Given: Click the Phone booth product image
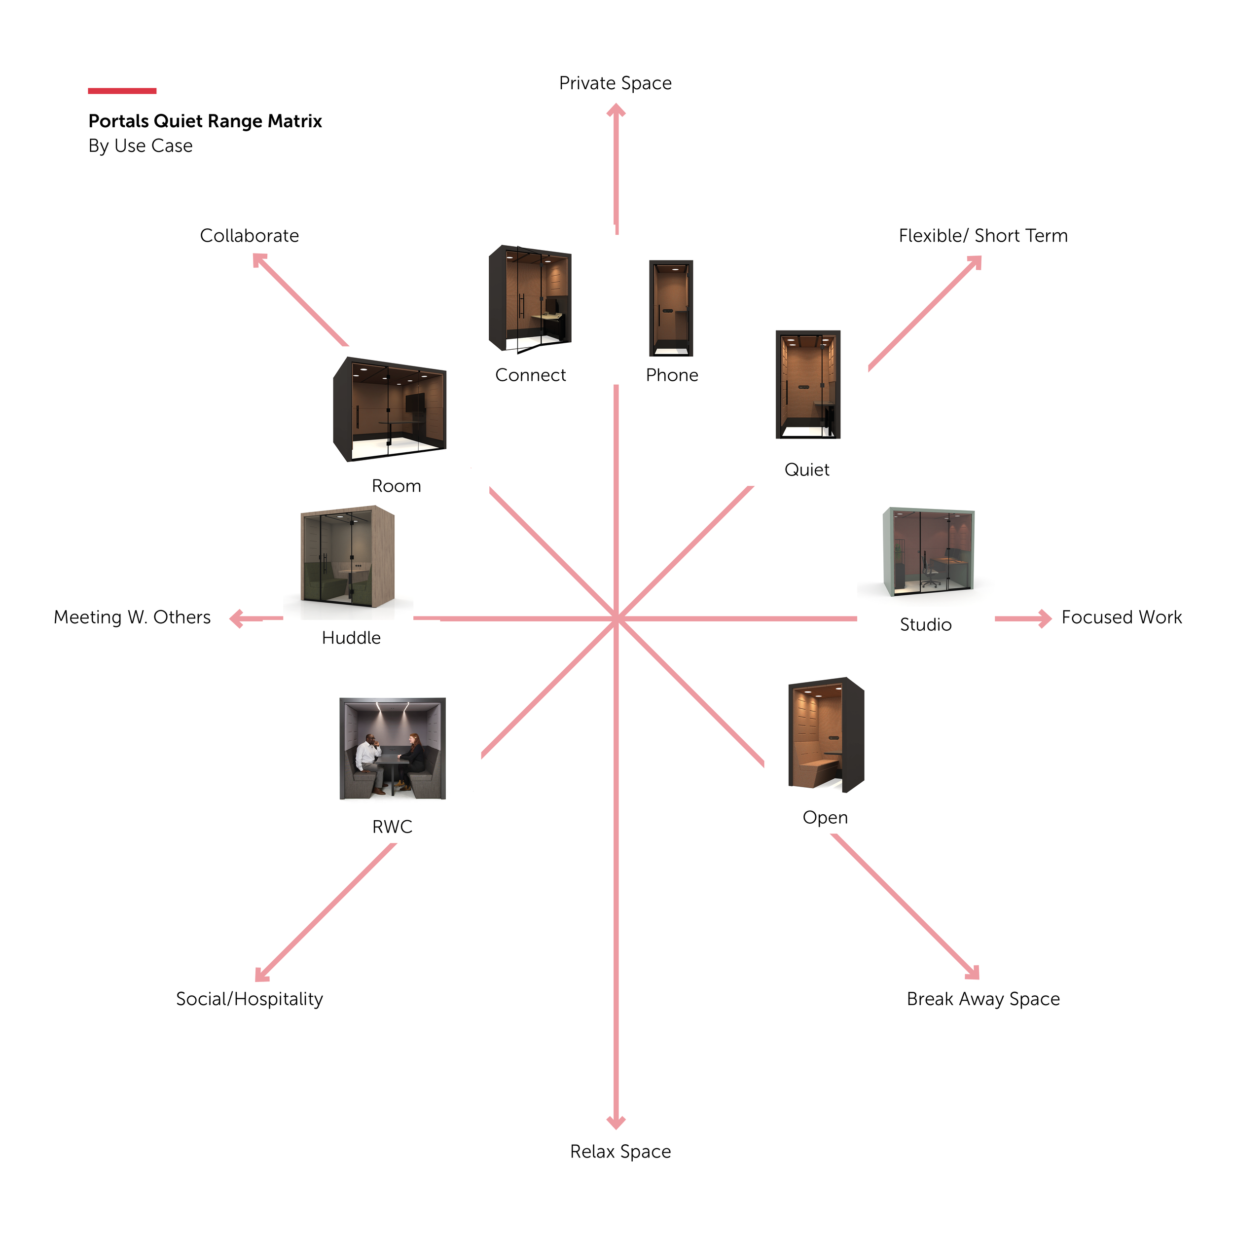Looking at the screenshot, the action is click(x=671, y=308).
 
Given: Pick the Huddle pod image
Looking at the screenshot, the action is click(x=348, y=555).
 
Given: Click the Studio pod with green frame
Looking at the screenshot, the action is click(x=929, y=551).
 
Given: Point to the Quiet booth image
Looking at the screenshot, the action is click(x=807, y=384).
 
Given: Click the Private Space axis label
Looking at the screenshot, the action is click(x=615, y=83).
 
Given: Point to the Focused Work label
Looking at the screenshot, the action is click(x=1122, y=617).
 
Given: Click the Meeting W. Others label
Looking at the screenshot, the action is click(x=132, y=617).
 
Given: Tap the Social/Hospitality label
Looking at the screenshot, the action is click(x=250, y=999).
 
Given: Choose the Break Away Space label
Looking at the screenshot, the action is click(x=983, y=999).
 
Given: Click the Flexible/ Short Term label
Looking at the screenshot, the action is click(x=983, y=235).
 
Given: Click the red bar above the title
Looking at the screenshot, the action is click(x=122, y=91).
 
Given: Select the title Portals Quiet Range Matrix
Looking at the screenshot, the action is click(x=205, y=121).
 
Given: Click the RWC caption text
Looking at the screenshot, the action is click(x=392, y=827).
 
